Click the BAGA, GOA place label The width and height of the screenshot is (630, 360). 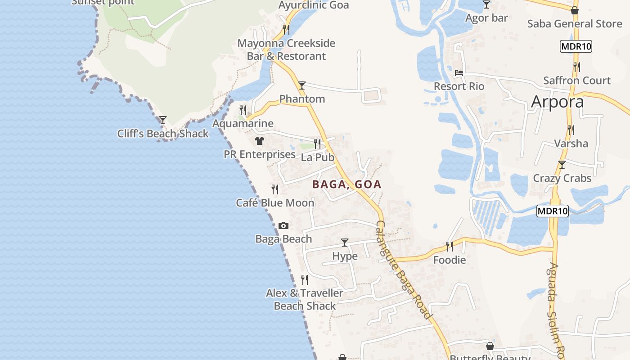(x=346, y=184)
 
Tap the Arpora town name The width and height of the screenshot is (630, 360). (x=557, y=102)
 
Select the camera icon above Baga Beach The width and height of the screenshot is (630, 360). (x=283, y=225)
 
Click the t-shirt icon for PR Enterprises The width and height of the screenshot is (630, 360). (x=259, y=141)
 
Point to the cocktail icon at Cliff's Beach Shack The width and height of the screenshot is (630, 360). (x=163, y=120)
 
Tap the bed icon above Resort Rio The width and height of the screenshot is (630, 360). (x=459, y=72)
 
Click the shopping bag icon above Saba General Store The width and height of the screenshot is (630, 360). (x=574, y=10)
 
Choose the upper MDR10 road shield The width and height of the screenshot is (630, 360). (x=576, y=46)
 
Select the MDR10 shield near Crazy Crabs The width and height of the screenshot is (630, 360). (x=553, y=211)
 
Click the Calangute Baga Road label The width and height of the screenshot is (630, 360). (x=403, y=270)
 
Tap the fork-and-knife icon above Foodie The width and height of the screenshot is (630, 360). (x=450, y=246)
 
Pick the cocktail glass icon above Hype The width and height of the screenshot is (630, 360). (x=345, y=243)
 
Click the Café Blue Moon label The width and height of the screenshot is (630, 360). (x=275, y=203)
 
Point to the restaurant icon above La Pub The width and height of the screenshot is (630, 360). (x=318, y=144)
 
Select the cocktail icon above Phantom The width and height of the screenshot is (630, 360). (x=302, y=85)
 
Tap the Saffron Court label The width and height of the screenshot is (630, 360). (x=577, y=81)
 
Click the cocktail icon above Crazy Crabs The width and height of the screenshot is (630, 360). (x=562, y=165)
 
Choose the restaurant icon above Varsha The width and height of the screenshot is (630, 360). (x=571, y=130)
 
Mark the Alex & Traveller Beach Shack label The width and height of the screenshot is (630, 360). (x=305, y=299)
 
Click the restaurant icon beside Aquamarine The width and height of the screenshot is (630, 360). (x=243, y=110)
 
